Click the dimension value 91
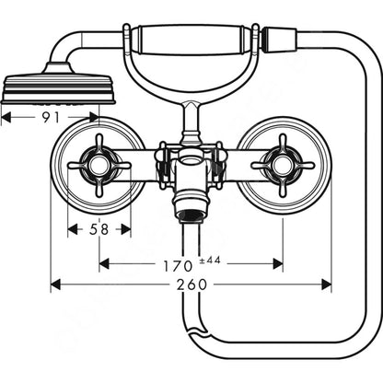pos(51,117)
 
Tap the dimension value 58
pos(99,229)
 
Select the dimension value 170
pos(178,266)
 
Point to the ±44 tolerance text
pos(210,261)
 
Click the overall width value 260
pos(191,284)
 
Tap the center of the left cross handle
pos(99,166)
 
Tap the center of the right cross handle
pos(283,166)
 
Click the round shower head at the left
pos(58,86)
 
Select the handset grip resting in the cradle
pos(192,40)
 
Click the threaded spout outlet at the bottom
pos(191,215)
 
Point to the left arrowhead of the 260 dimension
pos(55,284)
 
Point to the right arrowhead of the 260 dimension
pos(326,284)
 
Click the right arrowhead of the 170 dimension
pos(278,263)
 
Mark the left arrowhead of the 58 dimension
pos(73,229)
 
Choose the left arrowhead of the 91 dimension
pos(6,117)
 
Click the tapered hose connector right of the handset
pos(279,39)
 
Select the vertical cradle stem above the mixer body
pos(191,122)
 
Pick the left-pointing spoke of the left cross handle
pos(78,166)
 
